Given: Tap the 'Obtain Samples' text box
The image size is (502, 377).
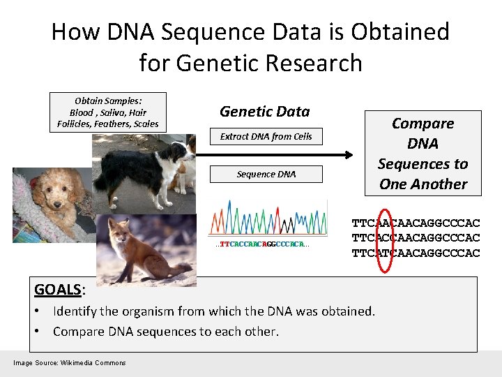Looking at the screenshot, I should [x=108, y=112].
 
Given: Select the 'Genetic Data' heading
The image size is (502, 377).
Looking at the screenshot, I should [x=264, y=111].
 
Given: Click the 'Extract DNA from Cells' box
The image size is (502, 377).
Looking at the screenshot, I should [x=266, y=137].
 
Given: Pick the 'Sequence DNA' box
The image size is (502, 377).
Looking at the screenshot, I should [x=266, y=174].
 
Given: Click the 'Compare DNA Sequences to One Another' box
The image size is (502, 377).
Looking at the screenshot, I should [x=423, y=154].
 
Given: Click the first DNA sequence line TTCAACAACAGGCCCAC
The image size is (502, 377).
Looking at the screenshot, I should [x=416, y=223].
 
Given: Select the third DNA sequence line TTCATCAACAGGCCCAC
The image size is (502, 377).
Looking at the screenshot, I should [x=416, y=253].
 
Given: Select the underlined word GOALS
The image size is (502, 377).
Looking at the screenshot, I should [x=58, y=289].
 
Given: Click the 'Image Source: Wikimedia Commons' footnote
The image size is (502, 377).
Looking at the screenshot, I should [x=69, y=362].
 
